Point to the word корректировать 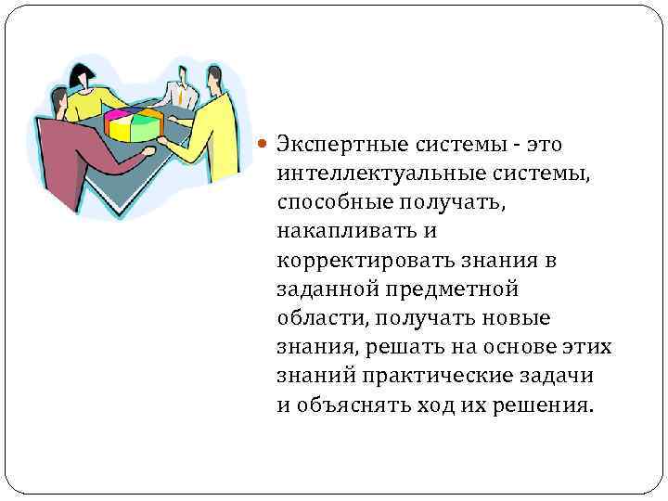(353, 261)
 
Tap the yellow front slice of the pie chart (120, 130)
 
